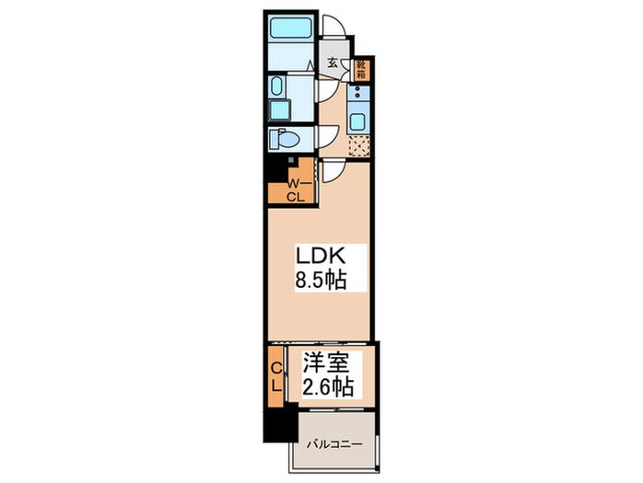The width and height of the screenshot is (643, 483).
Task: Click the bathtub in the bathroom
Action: click(291, 28)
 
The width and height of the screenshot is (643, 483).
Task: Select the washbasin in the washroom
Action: click(276, 86)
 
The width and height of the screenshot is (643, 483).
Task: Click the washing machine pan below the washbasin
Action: click(279, 110)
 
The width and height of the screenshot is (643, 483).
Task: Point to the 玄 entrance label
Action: click(333, 63)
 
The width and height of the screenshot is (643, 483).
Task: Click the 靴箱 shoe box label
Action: click(361, 70)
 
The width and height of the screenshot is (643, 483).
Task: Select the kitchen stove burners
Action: click(358, 92)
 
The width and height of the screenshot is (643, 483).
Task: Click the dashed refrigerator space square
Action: click(359, 145)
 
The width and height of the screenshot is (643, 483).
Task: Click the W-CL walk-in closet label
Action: click(296, 190)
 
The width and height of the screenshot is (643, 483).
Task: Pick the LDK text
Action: click(321, 257)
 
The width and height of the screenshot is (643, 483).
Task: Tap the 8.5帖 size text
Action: click(321, 281)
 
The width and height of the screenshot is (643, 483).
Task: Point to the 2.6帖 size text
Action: click(328, 386)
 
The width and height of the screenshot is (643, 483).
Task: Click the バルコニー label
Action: click(335, 444)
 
